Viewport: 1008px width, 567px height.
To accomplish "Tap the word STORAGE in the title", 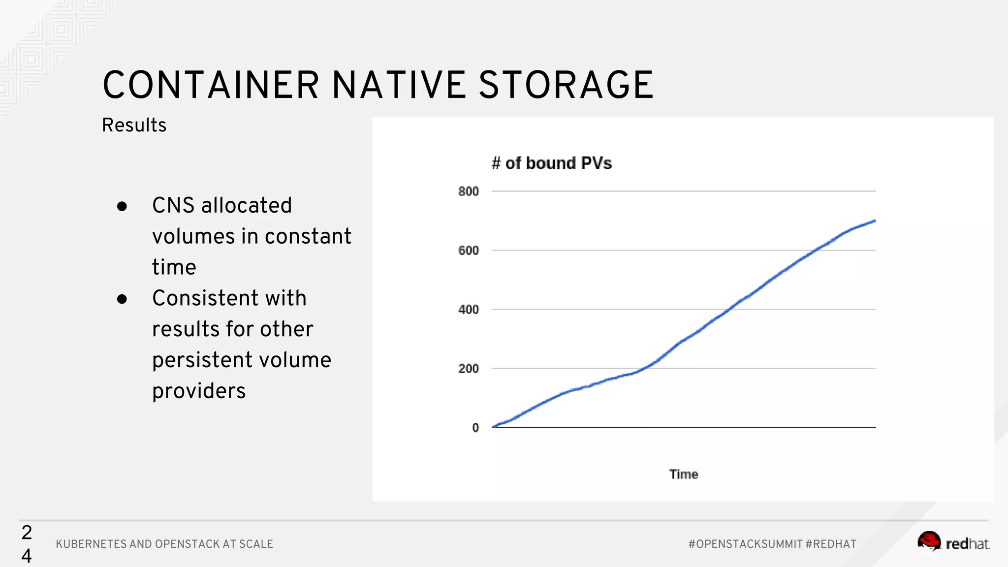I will (566, 85).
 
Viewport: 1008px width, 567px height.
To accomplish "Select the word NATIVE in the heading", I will (399, 85).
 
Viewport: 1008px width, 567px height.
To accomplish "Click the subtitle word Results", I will (134, 126).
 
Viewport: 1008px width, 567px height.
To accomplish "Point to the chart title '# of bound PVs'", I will (551, 163).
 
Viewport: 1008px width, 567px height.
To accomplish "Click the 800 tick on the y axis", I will (468, 191).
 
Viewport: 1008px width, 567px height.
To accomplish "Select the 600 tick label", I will (468, 251).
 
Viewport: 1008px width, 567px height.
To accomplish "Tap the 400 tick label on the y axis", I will (468, 310).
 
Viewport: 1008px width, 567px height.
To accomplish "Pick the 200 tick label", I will (468, 369).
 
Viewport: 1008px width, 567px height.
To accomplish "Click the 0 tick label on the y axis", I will (475, 428).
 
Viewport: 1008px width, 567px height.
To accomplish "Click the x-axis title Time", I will (683, 474).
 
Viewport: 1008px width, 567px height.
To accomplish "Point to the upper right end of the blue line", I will (874, 221).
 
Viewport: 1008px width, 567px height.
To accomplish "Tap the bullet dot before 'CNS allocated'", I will (122, 206).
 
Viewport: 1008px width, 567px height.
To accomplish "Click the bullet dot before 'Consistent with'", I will (122, 299).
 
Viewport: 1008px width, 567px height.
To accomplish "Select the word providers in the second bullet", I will (199, 391).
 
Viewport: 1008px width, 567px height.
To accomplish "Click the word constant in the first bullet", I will (308, 236).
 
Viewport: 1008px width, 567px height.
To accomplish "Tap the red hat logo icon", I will (929, 541).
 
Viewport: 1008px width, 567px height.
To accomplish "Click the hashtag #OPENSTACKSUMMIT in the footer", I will (745, 544).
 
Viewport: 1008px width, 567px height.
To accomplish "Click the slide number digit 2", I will (27, 533).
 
